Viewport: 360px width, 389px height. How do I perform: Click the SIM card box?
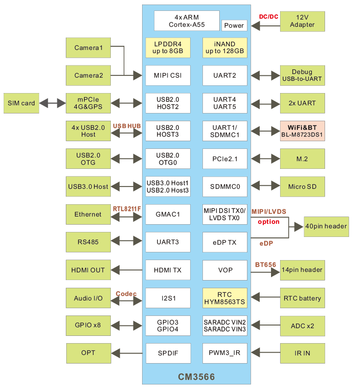21,103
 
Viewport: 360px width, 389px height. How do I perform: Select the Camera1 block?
88,48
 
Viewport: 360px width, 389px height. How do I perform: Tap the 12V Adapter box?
302,21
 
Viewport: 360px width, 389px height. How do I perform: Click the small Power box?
234,25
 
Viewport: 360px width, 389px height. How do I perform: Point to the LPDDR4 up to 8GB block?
168,48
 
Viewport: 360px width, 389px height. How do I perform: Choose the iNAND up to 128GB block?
225,48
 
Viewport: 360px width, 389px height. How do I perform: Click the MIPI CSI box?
168,75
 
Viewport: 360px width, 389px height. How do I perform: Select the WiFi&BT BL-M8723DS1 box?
302,131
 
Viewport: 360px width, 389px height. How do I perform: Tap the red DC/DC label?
268,17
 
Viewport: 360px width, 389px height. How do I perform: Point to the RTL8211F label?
127,208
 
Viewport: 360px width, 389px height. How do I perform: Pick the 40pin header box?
326,226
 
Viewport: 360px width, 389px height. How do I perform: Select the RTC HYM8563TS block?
225,298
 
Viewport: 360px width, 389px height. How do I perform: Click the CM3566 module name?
196,377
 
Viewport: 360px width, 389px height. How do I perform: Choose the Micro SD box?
302,186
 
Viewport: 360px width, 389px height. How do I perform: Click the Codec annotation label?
126,294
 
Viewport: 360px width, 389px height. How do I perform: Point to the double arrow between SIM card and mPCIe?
52,103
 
